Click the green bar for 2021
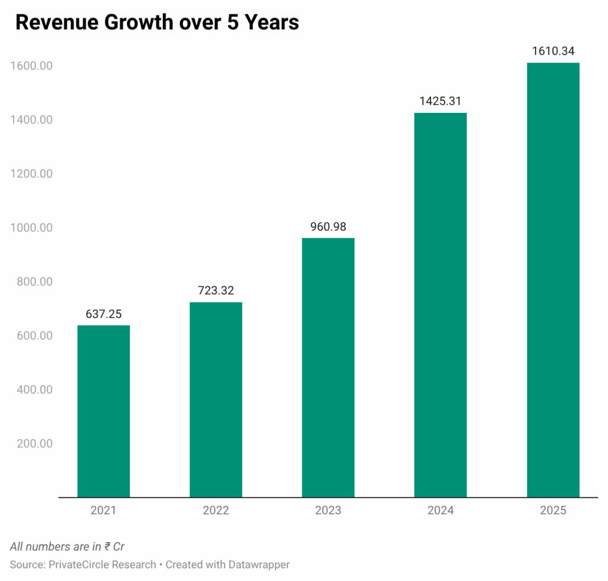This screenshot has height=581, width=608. (103, 411)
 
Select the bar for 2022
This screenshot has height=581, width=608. (216, 399)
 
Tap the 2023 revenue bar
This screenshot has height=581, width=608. (328, 367)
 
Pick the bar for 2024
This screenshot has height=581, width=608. (440, 305)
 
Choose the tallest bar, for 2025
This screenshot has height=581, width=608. (553, 280)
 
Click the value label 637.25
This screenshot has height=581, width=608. (103, 314)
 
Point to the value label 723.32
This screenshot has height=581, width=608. (216, 290)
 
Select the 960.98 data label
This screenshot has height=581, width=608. (328, 226)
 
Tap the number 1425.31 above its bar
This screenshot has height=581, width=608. (440, 101)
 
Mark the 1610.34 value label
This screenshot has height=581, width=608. (553, 51)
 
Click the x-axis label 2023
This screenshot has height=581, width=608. (328, 510)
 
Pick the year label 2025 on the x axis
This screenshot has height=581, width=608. (553, 510)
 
